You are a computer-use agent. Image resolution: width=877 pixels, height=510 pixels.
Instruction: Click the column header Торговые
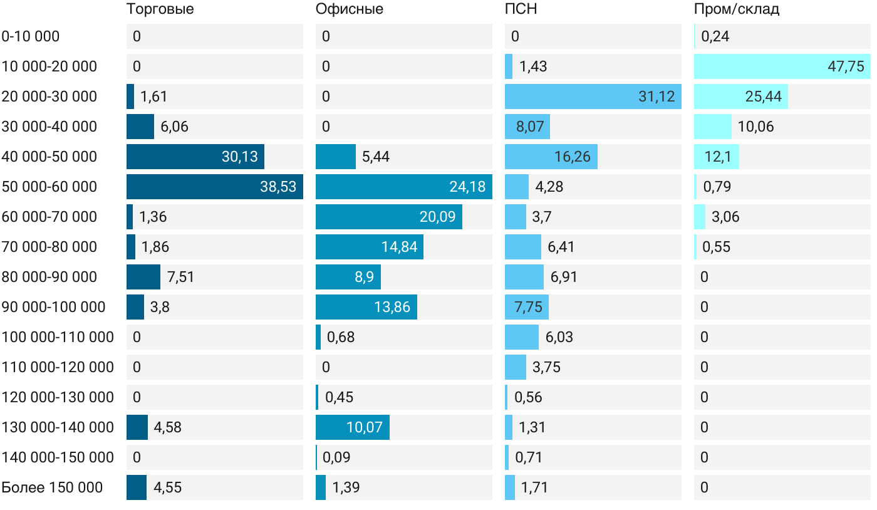click(160, 9)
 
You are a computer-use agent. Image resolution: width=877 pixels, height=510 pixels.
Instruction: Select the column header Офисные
click(349, 9)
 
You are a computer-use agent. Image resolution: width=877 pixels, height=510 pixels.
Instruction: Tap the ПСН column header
click(521, 9)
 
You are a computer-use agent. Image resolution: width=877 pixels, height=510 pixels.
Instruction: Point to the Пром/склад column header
click(736, 9)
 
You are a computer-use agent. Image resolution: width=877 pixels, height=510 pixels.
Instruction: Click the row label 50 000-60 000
click(49, 187)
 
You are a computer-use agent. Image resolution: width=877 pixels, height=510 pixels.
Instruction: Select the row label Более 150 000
click(52, 487)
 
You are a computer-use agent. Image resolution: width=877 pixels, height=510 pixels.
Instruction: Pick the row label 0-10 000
click(31, 36)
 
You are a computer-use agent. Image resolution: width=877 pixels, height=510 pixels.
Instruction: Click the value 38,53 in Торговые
click(278, 187)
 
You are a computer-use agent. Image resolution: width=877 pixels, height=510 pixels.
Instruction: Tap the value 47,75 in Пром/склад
click(846, 66)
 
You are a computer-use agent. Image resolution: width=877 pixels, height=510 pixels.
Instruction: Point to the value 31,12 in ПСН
click(656, 96)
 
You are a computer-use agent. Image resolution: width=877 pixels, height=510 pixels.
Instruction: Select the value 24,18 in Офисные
click(467, 187)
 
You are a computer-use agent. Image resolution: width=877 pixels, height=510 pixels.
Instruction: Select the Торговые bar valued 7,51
click(143, 277)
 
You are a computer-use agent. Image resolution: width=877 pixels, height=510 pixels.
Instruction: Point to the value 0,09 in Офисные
click(336, 457)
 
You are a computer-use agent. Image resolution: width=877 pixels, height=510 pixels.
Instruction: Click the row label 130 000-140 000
click(58, 427)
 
